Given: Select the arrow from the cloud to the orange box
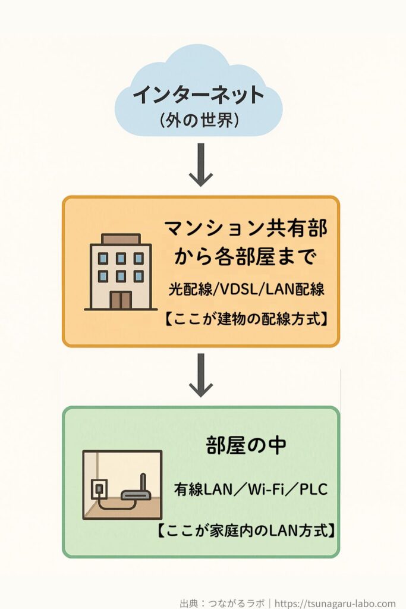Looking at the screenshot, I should (201, 164).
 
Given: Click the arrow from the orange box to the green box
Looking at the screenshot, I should (201, 375).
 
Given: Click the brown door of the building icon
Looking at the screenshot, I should (121, 300).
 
